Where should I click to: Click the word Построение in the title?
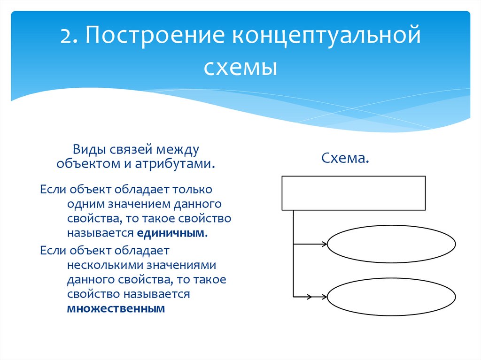(155, 36)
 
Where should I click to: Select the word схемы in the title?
(240, 67)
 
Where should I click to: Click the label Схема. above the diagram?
(345, 158)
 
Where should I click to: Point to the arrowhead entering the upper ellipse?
(324, 244)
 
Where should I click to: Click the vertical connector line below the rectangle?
(294, 253)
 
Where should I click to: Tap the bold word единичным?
(170, 233)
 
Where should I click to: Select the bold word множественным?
(116, 308)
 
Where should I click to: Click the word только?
(192, 190)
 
